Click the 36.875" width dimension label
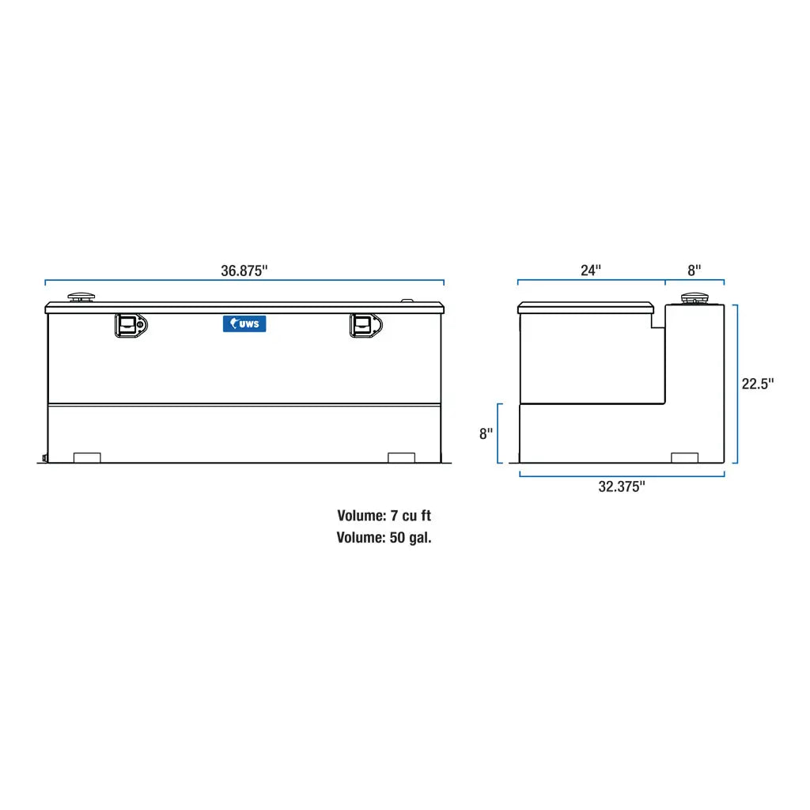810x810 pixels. point(244,271)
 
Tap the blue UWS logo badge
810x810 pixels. point(244,324)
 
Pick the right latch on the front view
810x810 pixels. point(365,325)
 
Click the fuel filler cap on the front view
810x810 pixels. point(81,297)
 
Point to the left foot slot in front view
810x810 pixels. point(87,457)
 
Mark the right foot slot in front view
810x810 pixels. point(401,457)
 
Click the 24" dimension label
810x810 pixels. point(591,271)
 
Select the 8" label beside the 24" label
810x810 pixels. point(694,271)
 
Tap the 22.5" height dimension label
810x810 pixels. point(757,384)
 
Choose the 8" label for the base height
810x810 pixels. point(486,434)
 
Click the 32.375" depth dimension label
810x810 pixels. point(622,487)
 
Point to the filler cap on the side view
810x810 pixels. point(694,298)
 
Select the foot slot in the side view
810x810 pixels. point(684,457)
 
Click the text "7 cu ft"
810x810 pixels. point(411,516)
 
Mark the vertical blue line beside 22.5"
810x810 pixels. point(736,384)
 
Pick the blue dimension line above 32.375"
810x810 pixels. point(622,475)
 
